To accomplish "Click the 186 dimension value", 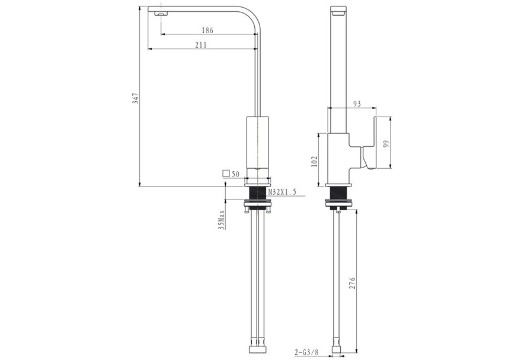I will click(207, 30).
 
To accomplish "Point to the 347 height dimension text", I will click(136, 98).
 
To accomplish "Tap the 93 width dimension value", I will click(357, 104).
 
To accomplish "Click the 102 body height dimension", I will click(315, 161).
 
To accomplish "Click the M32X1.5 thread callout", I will click(282, 192).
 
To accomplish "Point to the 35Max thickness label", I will click(221, 219).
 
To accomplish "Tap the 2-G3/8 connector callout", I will click(306, 352).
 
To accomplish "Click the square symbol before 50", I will click(225, 174).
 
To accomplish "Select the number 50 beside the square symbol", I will click(235, 174).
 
